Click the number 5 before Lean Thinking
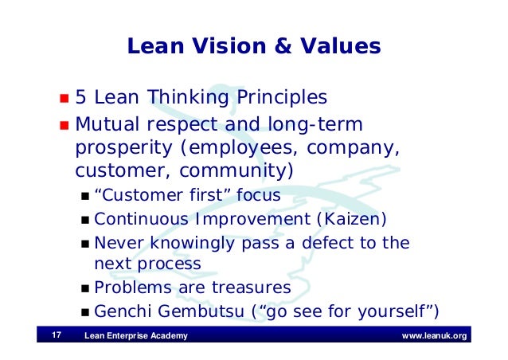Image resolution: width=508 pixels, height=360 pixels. (80, 98)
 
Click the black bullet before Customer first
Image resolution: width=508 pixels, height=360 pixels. (85, 197)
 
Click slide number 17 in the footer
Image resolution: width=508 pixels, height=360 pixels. (57, 335)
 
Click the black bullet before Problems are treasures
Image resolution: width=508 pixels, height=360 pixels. (85, 288)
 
